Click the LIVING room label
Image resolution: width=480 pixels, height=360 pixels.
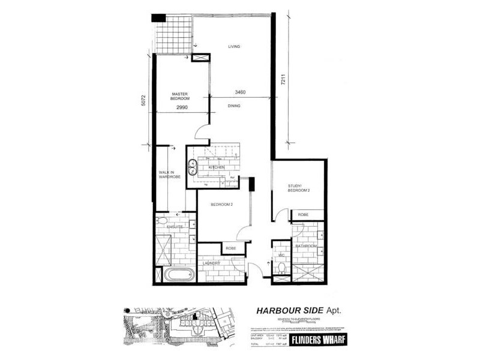[x=234, y=46]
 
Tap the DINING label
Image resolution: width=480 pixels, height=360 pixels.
[x=234, y=106]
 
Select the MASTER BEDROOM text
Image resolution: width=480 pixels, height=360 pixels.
[x=181, y=96]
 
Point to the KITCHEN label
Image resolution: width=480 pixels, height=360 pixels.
[x=216, y=167]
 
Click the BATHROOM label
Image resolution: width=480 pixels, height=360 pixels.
[x=305, y=246]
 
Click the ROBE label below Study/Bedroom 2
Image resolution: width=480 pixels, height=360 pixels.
[x=303, y=214]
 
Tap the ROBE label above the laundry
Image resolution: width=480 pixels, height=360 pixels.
[x=230, y=247]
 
